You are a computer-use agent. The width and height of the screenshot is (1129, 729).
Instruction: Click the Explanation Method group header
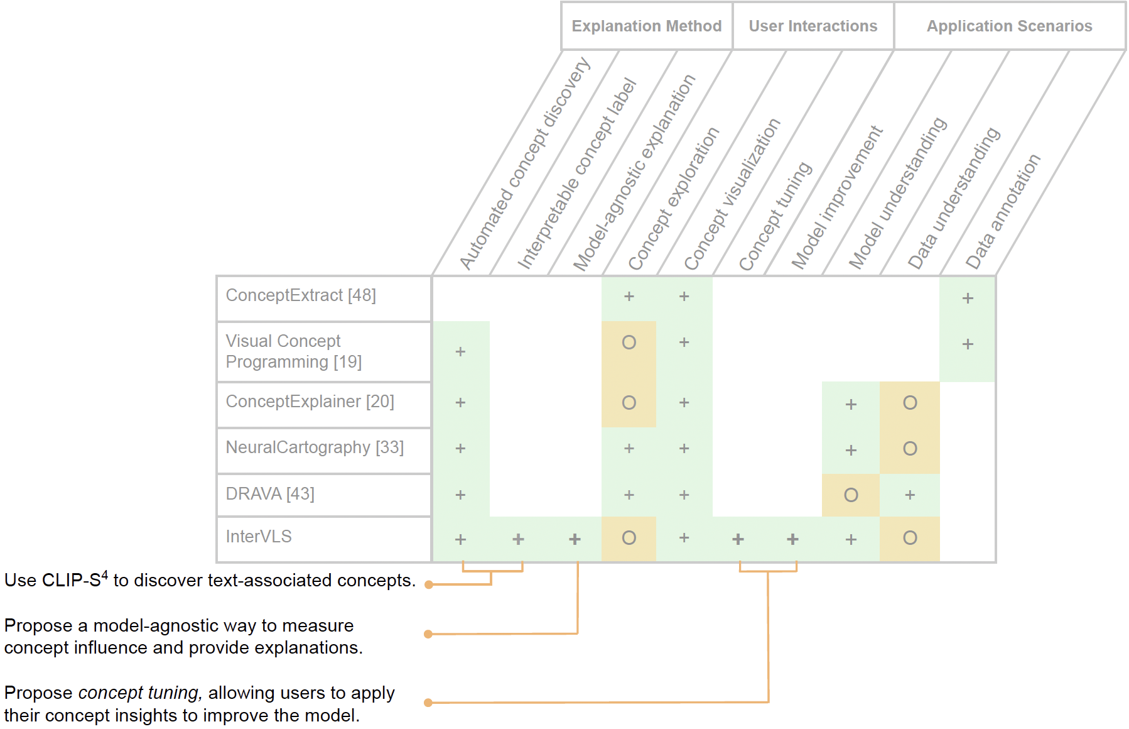(646, 26)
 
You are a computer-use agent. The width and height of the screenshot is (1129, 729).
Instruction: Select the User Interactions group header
(813, 26)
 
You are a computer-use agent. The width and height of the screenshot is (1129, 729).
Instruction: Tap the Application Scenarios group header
(1009, 26)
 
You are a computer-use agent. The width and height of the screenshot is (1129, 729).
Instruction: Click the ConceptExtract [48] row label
(301, 295)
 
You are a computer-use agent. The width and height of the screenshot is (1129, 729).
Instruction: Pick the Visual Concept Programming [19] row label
(293, 351)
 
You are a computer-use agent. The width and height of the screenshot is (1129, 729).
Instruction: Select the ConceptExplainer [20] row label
(310, 402)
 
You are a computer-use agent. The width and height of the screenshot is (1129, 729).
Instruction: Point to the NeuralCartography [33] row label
(315, 447)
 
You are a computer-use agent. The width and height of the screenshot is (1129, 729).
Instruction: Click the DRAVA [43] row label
(270, 494)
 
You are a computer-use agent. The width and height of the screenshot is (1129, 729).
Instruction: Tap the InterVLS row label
(259, 537)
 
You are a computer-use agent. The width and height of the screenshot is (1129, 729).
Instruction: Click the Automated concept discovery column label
(525, 163)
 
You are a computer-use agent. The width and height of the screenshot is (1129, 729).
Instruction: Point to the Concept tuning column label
(775, 216)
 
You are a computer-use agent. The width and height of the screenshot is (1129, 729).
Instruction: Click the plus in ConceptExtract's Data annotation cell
(968, 299)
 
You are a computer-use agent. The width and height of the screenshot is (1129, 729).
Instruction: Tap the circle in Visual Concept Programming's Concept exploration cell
(629, 343)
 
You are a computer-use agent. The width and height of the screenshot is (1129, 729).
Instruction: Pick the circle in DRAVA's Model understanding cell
(851, 495)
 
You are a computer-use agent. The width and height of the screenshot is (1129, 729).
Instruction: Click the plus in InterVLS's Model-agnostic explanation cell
(575, 539)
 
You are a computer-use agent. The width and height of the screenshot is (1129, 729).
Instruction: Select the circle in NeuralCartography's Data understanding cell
(910, 449)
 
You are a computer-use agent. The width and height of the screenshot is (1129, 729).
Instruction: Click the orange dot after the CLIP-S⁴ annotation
(429, 584)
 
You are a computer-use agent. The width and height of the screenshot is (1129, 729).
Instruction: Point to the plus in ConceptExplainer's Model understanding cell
(851, 404)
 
